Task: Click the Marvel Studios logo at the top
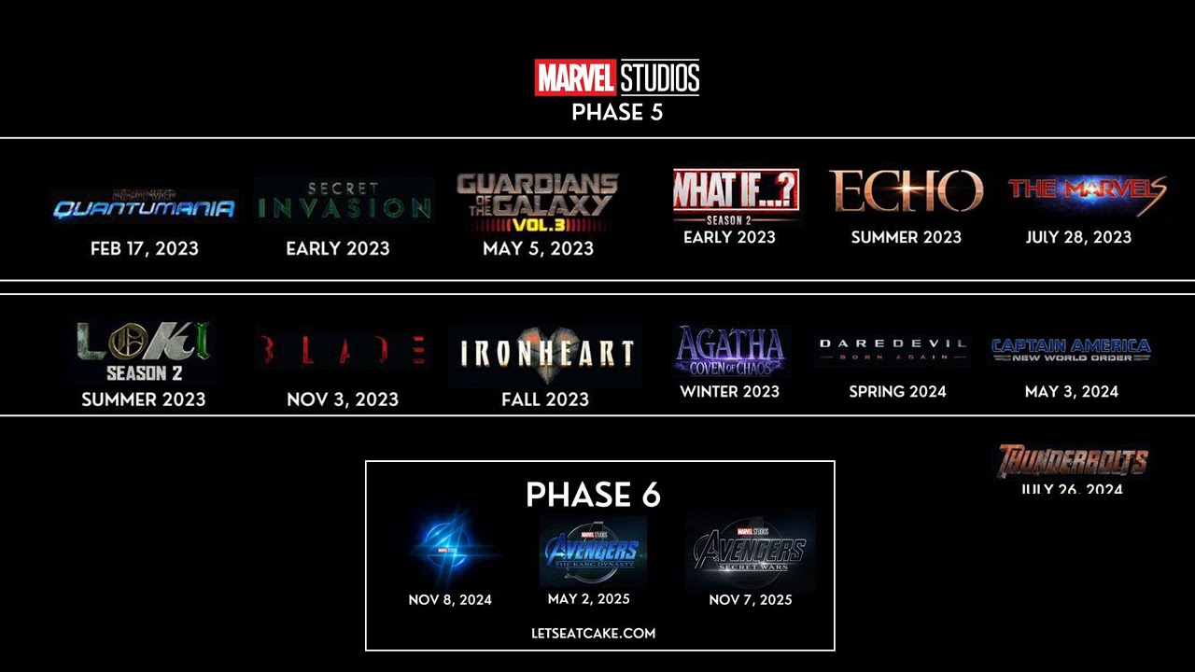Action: tap(616, 77)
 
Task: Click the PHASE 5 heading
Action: tap(617, 113)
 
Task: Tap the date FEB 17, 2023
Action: tap(145, 249)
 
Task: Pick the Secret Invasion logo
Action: tap(344, 201)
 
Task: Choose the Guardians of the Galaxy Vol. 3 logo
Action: tap(538, 203)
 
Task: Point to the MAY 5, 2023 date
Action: tap(538, 249)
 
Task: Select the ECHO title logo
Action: tap(906, 191)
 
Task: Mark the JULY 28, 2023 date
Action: tap(1078, 237)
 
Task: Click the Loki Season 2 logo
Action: tap(144, 352)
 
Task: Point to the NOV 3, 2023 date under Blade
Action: tap(343, 399)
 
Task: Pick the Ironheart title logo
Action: tap(546, 353)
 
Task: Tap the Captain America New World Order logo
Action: tap(1071, 350)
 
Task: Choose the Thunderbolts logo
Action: tap(1072, 461)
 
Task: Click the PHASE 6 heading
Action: tap(593, 496)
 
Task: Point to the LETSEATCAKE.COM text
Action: tap(594, 633)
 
